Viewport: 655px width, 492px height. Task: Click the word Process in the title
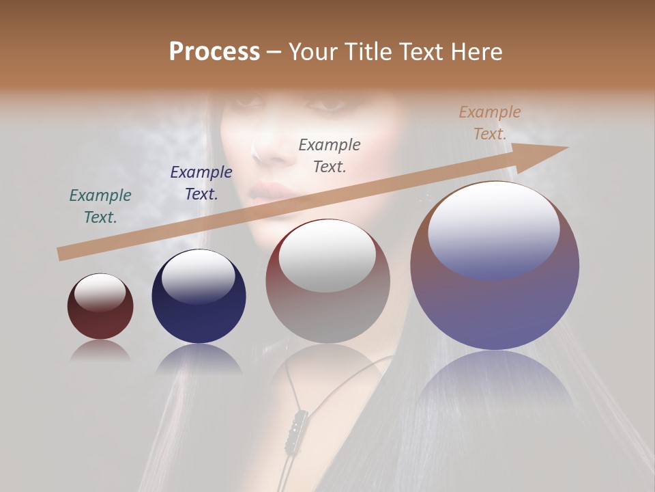pos(214,52)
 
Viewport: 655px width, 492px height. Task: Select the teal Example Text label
pos(100,206)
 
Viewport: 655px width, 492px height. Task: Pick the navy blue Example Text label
pos(201,183)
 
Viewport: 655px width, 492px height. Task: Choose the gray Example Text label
pos(330,155)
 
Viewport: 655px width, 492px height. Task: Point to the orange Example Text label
pos(490,123)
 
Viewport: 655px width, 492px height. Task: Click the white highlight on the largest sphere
pos(494,229)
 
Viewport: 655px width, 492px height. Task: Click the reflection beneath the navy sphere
pos(199,358)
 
